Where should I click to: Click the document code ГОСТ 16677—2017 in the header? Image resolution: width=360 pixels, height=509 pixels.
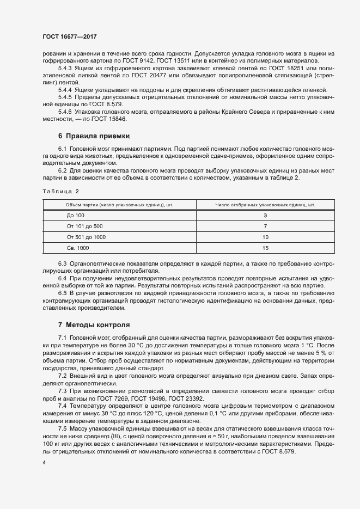pyautogui.click(x=66, y=36)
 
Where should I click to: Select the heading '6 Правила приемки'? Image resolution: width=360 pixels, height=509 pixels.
pyautogui.click(x=93, y=136)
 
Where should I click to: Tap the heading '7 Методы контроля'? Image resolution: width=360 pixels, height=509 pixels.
pyautogui.click(x=94, y=325)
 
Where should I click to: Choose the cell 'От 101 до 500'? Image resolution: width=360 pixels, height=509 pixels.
pyautogui.click(x=84, y=226)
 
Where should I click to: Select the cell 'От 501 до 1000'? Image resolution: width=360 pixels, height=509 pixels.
pyautogui.click(x=86, y=237)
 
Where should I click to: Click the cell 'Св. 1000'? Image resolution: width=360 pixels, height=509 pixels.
pyautogui.click(x=78, y=248)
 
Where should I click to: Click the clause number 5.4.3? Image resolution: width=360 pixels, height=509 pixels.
pyautogui.click(x=65, y=68)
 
